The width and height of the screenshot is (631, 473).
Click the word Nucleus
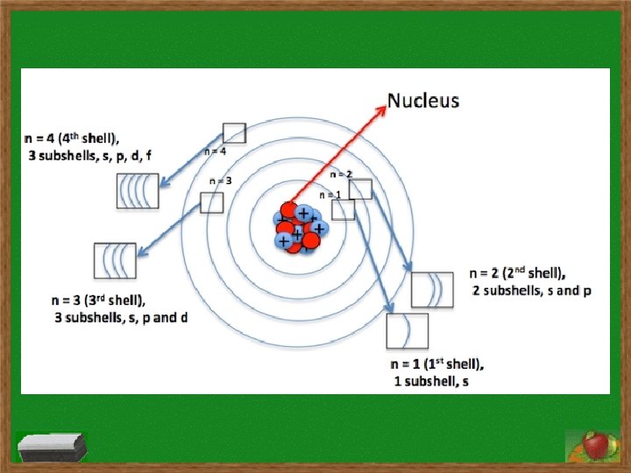click(423, 101)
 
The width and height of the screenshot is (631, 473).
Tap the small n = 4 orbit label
click(216, 152)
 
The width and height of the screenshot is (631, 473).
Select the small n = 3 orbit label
click(221, 180)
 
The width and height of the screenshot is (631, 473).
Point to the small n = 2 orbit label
click(342, 175)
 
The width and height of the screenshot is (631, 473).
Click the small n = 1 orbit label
click(330, 194)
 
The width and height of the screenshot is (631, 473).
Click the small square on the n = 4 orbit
click(234, 133)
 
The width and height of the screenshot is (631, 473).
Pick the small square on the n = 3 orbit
click(212, 202)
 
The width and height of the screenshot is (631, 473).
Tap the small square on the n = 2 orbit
click(360, 189)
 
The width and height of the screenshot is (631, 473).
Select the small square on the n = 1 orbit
click(344, 209)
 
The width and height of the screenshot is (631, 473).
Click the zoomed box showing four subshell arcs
click(138, 191)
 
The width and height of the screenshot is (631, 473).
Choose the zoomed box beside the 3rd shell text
click(115, 260)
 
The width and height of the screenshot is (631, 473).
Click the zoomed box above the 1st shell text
click(408, 331)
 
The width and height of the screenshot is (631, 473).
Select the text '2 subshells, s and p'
click(532, 290)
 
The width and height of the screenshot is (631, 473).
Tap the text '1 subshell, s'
click(430, 381)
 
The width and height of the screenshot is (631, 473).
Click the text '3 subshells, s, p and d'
click(120, 317)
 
